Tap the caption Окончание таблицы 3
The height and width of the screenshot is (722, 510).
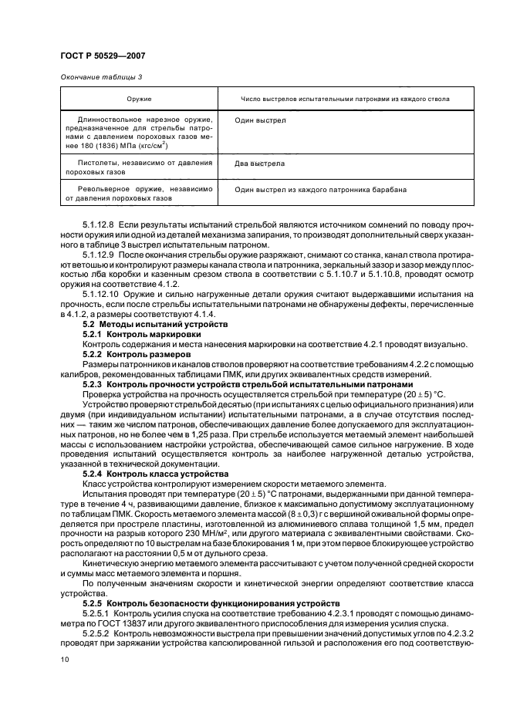(x=101, y=77)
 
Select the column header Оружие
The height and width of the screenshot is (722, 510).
(x=140, y=100)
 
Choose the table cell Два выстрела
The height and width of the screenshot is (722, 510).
(x=260, y=164)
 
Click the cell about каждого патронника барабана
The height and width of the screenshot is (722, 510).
(x=320, y=189)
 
